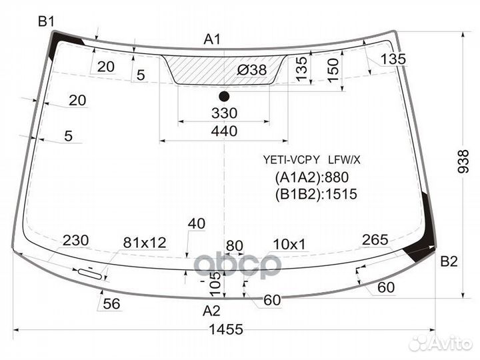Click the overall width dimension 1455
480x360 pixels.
(226, 329)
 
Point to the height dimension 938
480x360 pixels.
(463, 161)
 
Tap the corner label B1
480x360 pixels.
(46, 22)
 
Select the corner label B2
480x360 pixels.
(449, 261)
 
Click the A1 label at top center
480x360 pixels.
(212, 39)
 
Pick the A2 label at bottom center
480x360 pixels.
(211, 311)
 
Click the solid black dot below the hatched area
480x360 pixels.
(224, 97)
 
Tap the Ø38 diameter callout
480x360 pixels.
(252, 70)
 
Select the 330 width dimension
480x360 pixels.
(225, 113)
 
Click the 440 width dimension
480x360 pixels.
(225, 131)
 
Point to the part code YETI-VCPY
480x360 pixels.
(291, 159)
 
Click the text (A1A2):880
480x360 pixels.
(312, 177)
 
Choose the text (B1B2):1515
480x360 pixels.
(316, 194)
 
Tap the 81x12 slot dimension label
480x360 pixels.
(145, 243)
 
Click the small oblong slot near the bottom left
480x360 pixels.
(90, 274)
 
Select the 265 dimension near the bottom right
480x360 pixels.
(375, 240)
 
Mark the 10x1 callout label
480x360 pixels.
(289, 244)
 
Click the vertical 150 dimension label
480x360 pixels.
(333, 71)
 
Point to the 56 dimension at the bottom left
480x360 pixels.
(112, 304)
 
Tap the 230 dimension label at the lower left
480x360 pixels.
(76, 241)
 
